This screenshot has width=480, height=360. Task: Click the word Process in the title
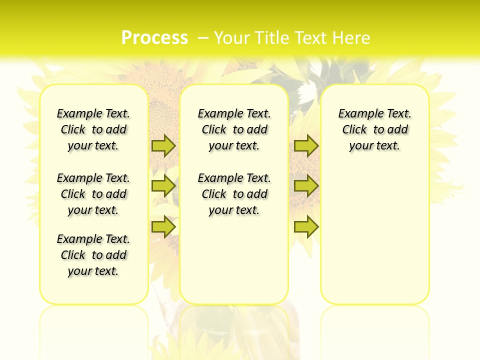(x=154, y=38)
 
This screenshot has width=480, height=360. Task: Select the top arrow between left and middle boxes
(x=163, y=145)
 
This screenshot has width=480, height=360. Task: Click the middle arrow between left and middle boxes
(x=163, y=186)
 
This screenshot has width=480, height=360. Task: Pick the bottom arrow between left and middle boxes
(x=163, y=226)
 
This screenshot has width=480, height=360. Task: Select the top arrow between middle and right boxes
(x=306, y=145)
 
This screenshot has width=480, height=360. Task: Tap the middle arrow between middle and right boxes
(x=306, y=186)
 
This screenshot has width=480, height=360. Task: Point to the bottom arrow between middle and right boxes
(x=306, y=226)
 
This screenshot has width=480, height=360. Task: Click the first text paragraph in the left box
(x=93, y=129)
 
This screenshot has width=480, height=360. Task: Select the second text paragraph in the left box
(x=93, y=194)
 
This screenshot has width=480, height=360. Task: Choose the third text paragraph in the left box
(x=93, y=255)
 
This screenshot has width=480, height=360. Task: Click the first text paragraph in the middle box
(x=234, y=129)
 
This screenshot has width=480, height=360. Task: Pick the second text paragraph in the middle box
(x=234, y=194)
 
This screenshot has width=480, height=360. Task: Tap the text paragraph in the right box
(x=374, y=129)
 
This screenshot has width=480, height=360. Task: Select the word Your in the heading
(x=232, y=38)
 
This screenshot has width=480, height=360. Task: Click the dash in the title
(x=203, y=38)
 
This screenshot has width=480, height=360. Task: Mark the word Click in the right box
(x=354, y=130)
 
